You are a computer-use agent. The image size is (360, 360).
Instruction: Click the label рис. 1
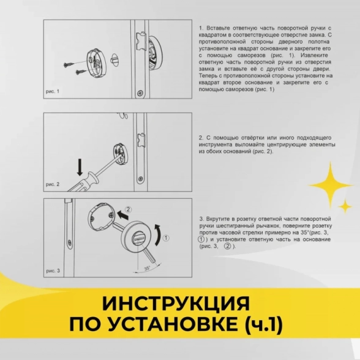pyautogui.click(x=53, y=91)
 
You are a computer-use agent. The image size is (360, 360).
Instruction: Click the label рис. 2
pyautogui.click(x=53, y=184)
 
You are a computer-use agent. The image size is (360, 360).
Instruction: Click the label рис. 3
pyautogui.click(x=53, y=270)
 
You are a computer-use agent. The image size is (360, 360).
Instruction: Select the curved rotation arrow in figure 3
pyautogui.click(x=159, y=233)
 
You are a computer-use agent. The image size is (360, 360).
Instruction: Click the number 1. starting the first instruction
pyautogui.click(x=201, y=28)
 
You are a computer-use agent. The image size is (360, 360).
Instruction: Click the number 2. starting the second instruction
pyautogui.click(x=201, y=138)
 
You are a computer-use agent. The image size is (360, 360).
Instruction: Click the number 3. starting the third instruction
pyautogui.click(x=201, y=218)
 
